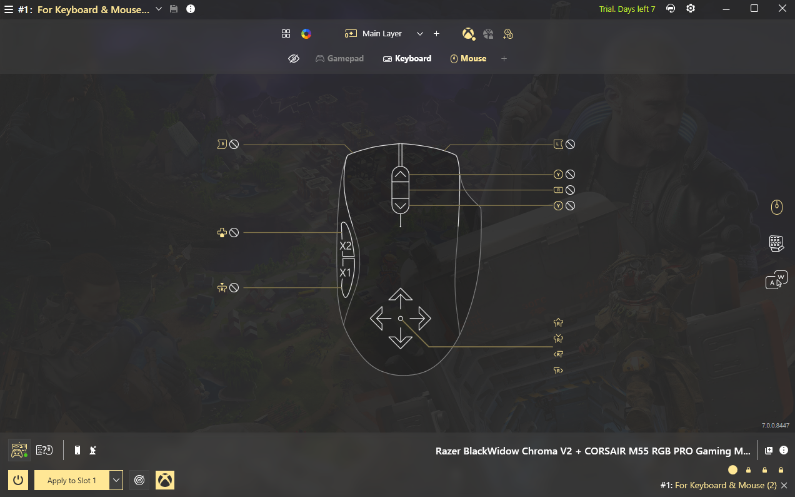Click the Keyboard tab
(x=407, y=59)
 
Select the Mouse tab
(x=468, y=59)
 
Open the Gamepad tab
(x=339, y=59)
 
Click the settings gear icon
(x=690, y=9)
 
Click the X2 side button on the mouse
(x=346, y=245)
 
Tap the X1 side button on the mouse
(x=345, y=273)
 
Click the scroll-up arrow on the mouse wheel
(x=401, y=174)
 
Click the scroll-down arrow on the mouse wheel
(x=401, y=206)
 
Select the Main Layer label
(x=382, y=34)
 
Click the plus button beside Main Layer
(x=436, y=34)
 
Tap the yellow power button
(x=18, y=480)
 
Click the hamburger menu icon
(x=9, y=9)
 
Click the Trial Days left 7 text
(x=627, y=9)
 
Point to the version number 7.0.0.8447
(x=776, y=425)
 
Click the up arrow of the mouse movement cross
(x=401, y=297)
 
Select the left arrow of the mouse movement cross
(x=381, y=318)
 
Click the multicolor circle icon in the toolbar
(x=306, y=34)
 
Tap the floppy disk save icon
(x=174, y=9)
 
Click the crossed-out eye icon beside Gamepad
(x=294, y=59)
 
